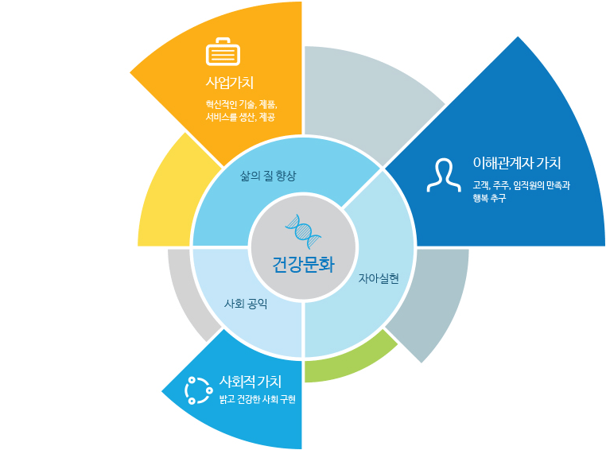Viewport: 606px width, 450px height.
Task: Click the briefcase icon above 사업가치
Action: coord(223,52)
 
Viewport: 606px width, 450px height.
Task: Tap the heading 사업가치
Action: coord(230,83)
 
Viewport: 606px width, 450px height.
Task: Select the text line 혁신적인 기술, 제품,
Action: coord(241,104)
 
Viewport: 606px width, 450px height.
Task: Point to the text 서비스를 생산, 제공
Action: coord(240,117)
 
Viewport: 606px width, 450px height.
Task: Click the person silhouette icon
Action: coord(444,175)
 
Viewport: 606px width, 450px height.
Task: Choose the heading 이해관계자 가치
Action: coord(517,163)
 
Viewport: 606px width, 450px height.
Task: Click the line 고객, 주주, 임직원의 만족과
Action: coord(522,186)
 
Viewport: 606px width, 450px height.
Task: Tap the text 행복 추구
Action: coord(489,198)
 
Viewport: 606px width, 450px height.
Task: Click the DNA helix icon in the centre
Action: coord(303,231)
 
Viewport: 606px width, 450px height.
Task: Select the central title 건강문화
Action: coord(303,265)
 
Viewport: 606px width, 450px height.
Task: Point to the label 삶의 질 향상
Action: coord(268,177)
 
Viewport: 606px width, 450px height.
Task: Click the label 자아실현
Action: coord(379,278)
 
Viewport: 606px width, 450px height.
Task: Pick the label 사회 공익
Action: coord(246,304)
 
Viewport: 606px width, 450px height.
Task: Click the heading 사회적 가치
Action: coord(250,382)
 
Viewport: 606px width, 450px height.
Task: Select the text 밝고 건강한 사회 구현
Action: coord(258,399)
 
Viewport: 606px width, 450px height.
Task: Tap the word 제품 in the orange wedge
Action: coord(267,104)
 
